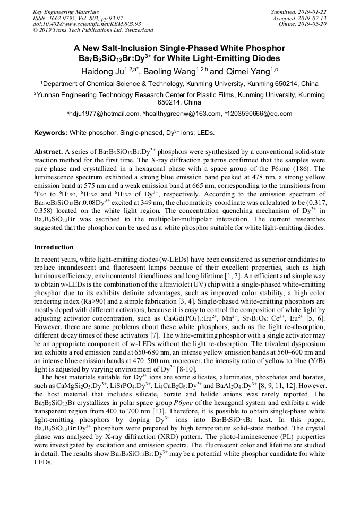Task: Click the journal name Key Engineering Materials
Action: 66,12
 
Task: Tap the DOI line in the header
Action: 87,24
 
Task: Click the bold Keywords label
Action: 51,132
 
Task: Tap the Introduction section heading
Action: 54,247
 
